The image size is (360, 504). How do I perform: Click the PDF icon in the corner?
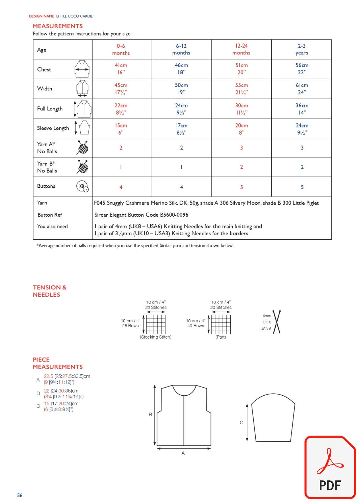330,468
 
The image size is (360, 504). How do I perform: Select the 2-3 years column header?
302,49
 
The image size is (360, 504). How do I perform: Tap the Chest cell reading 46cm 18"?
181,69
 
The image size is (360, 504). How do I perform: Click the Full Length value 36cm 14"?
302,109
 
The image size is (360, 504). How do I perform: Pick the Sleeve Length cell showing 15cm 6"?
121,129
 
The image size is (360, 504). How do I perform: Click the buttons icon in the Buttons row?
82,186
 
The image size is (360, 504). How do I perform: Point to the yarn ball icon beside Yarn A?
82,148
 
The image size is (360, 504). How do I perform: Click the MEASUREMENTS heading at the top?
58,26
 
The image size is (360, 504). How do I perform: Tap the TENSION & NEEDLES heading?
50,291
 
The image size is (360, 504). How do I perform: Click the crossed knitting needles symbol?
277,322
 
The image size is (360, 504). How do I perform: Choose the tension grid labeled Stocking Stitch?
156,324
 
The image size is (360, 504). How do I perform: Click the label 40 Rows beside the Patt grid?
196,326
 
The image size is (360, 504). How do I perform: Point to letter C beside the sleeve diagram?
241,422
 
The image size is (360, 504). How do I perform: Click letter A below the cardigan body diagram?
183,453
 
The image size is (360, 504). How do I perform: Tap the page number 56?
20,495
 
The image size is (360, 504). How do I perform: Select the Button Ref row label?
50,215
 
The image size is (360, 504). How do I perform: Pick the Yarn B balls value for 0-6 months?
121,167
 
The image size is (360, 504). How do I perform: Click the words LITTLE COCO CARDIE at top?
74,16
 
